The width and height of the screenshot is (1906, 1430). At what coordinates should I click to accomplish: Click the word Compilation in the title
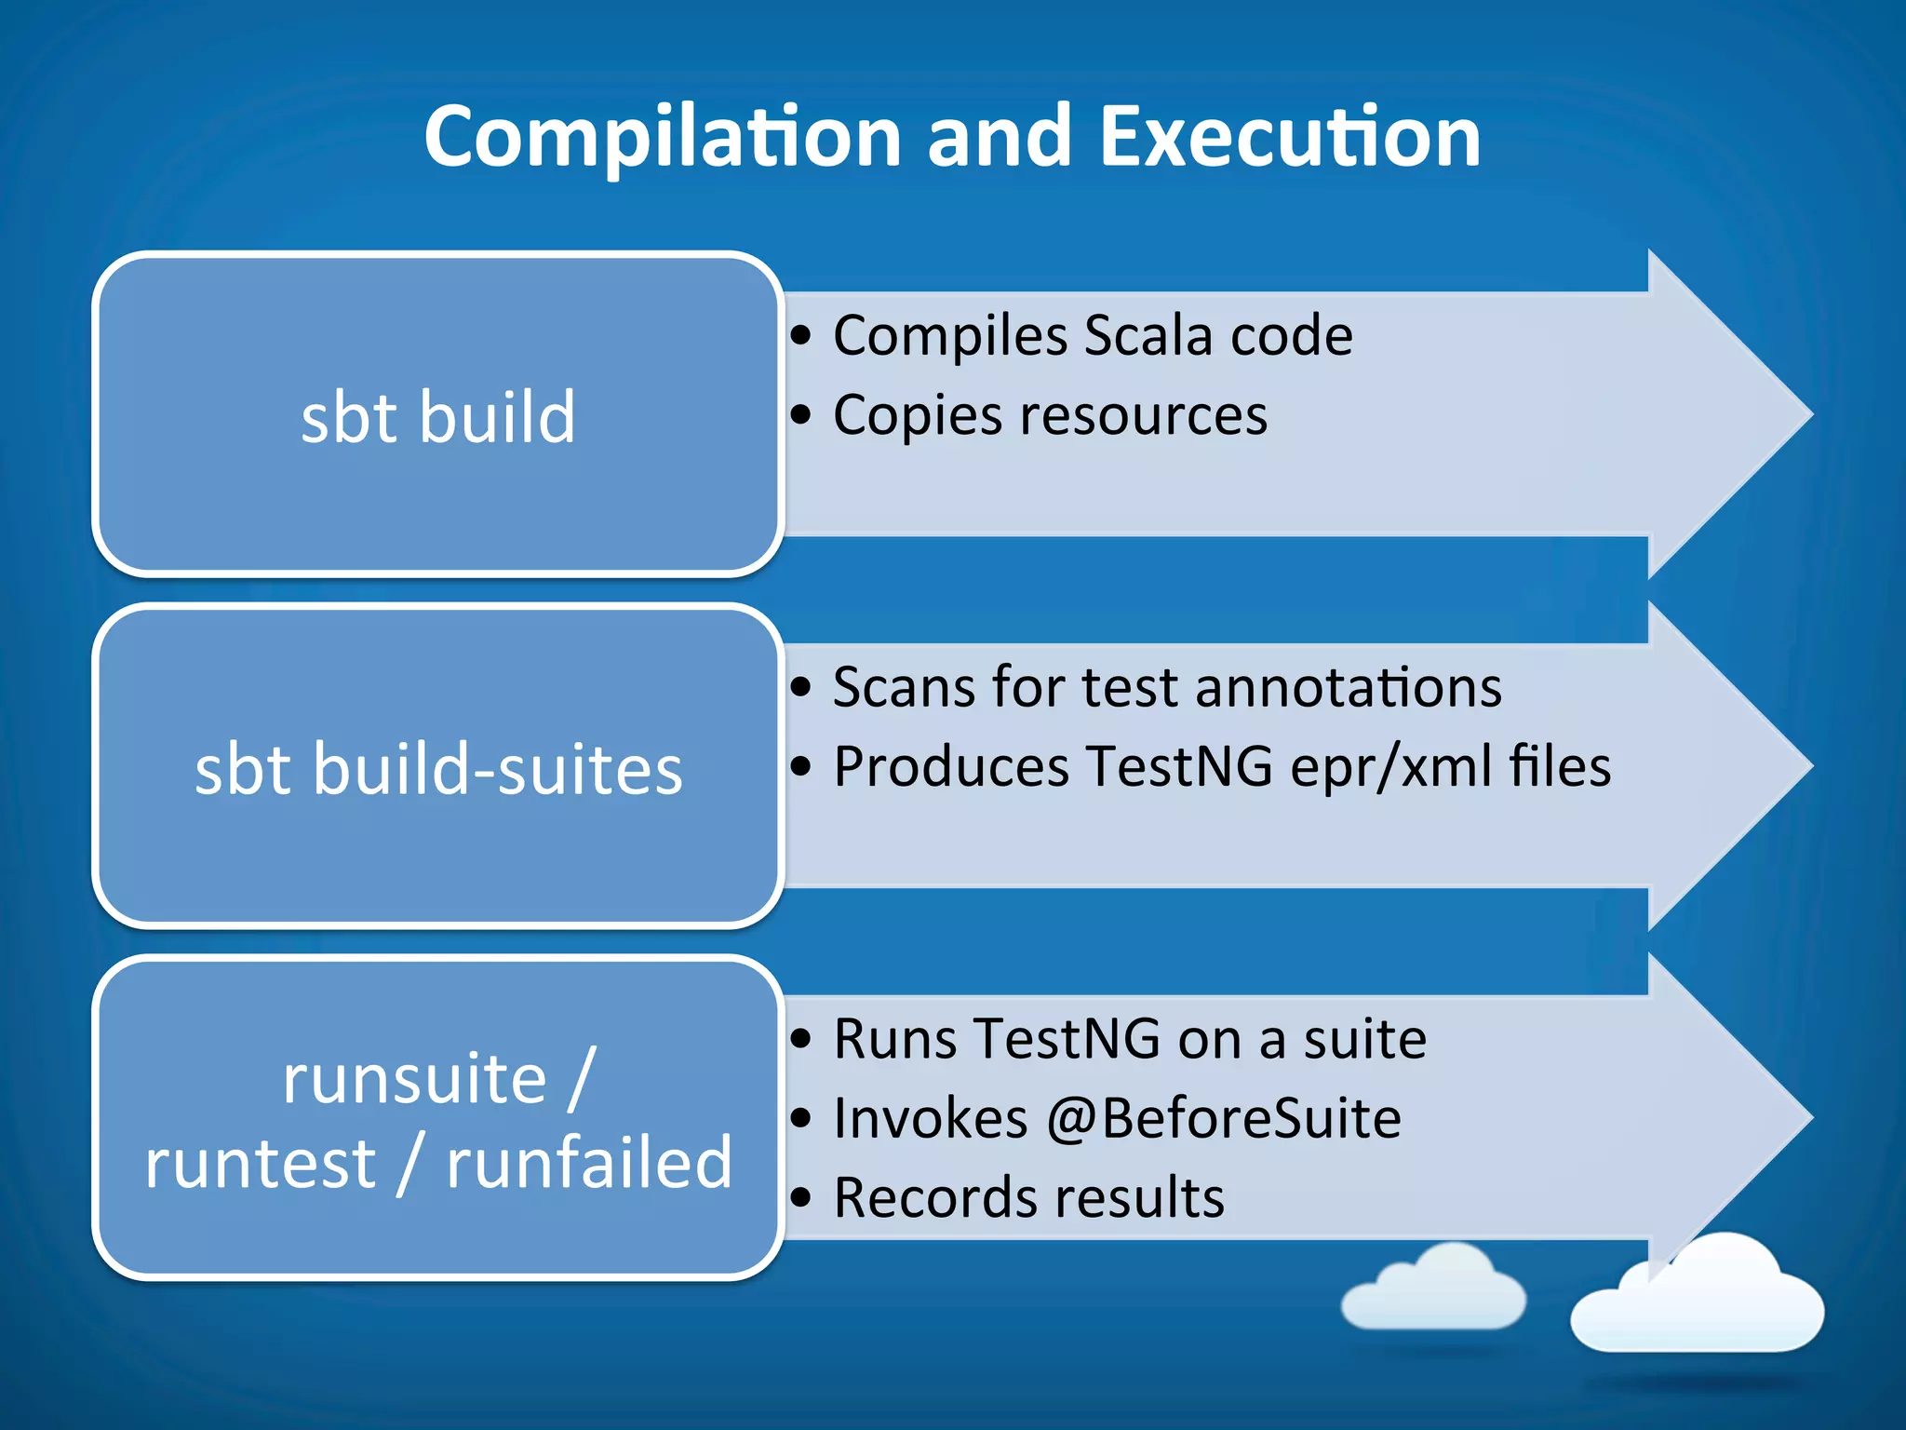[x=662, y=138]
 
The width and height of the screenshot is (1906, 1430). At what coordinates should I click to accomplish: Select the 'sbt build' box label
[x=437, y=417]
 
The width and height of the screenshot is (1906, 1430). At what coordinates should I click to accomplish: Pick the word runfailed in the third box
[x=589, y=1164]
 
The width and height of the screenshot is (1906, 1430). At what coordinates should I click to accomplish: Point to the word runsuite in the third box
[x=414, y=1080]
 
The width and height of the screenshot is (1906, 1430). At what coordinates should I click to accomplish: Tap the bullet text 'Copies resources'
[x=1049, y=415]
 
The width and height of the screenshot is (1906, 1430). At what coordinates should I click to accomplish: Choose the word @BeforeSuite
[x=1223, y=1118]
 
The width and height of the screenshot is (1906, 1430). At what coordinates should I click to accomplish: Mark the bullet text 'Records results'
[x=1028, y=1197]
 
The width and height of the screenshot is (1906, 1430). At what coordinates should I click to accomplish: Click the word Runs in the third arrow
[x=893, y=1039]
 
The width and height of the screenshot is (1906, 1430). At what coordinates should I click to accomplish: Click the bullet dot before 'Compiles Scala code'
[x=800, y=336]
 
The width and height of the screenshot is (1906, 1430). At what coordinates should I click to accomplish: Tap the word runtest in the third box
[x=260, y=1164]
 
